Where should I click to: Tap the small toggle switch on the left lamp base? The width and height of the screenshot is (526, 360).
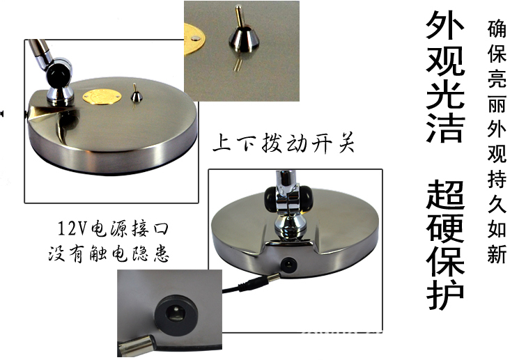click(x=136, y=93)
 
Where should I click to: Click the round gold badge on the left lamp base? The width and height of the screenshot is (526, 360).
click(x=102, y=97)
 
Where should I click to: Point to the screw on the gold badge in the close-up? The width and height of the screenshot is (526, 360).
click(x=194, y=39)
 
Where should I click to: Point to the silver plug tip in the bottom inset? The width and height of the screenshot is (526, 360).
click(x=137, y=346)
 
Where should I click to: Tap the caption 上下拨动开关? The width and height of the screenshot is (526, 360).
click(x=284, y=143)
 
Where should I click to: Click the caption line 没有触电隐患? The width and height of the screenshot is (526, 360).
click(x=109, y=253)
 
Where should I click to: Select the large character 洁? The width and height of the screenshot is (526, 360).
click(x=446, y=129)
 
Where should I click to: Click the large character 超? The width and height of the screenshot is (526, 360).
click(x=446, y=196)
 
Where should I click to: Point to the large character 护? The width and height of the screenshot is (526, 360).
click(x=446, y=294)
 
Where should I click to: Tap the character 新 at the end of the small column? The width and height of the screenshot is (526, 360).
click(x=497, y=254)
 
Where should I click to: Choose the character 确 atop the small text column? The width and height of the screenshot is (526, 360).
click(x=497, y=29)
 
